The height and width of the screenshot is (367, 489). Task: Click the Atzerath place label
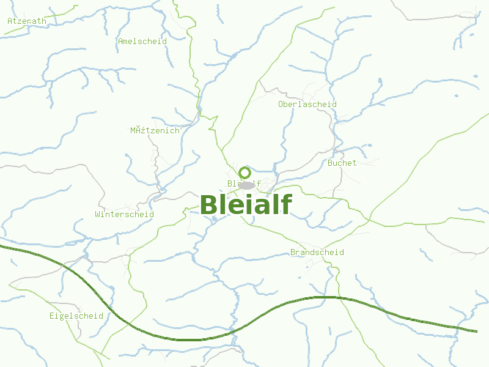(27, 21)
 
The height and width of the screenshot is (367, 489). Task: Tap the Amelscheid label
(142, 42)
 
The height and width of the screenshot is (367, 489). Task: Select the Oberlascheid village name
(307, 105)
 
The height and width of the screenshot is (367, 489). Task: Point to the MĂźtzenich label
(155, 130)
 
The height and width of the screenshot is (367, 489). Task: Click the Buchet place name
(342, 163)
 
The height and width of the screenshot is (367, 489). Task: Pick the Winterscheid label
(124, 215)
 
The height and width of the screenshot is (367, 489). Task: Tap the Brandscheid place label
(317, 253)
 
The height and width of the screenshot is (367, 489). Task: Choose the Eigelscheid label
(76, 316)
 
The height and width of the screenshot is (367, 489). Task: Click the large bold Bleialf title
(246, 205)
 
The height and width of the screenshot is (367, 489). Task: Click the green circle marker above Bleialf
(245, 172)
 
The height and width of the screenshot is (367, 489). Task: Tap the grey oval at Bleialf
(246, 185)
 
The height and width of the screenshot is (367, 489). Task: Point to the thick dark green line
(183, 339)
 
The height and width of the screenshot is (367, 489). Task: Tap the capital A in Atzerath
(10, 21)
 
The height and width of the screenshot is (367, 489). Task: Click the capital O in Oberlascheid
(281, 105)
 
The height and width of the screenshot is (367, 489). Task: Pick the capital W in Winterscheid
(98, 215)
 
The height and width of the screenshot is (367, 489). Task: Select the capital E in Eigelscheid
(53, 316)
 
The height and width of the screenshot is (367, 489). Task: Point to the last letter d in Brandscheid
(341, 253)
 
